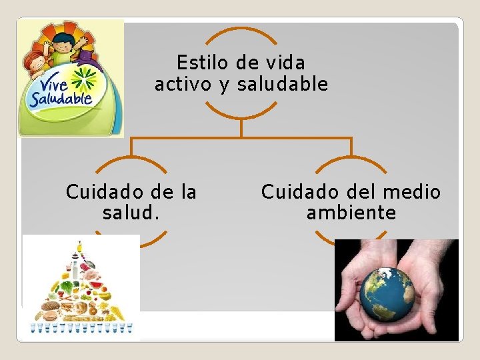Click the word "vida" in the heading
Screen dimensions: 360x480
tap(285, 63)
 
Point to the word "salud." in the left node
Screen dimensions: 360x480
tap(131, 213)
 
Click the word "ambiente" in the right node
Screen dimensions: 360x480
tap(351, 213)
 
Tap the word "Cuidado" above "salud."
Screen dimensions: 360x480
tap(97, 193)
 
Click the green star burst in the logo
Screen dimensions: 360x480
tap(85, 79)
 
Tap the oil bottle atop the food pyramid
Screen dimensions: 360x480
tap(80, 247)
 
